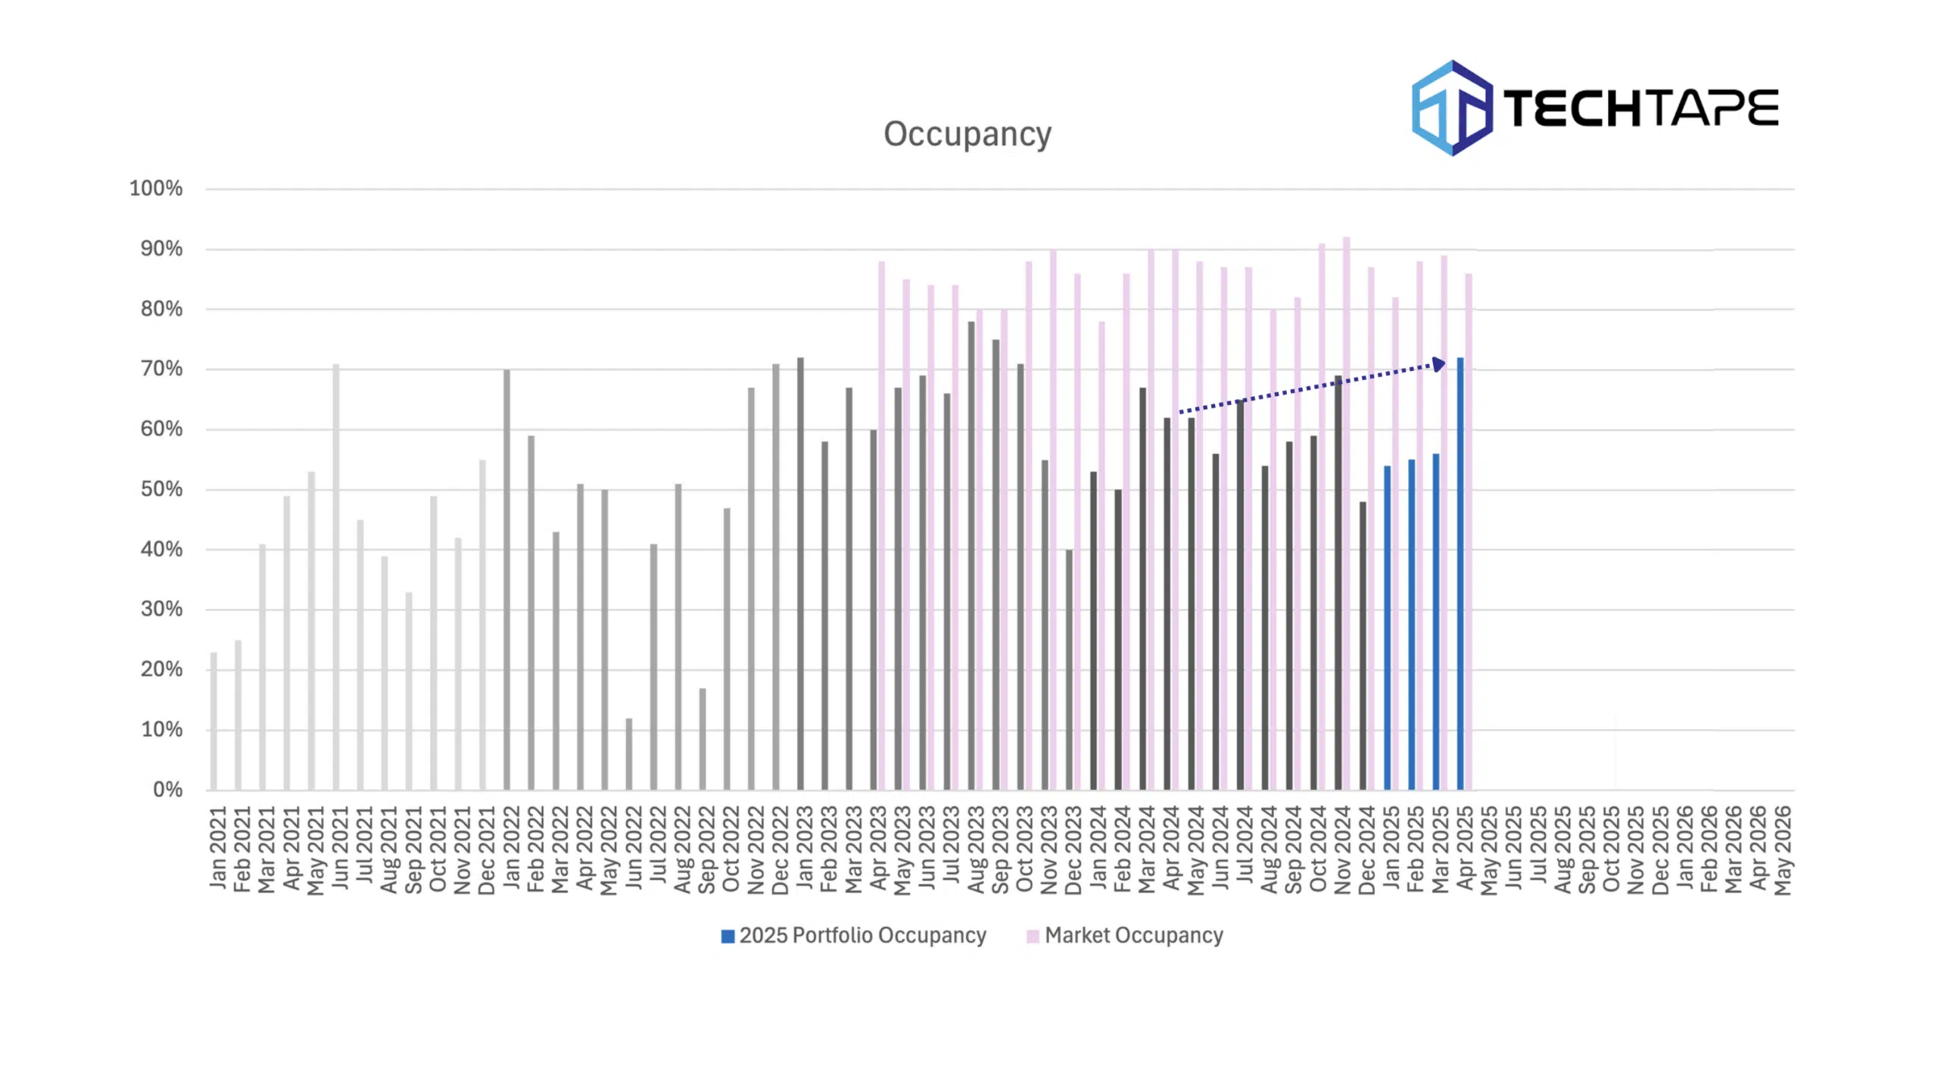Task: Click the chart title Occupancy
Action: [967, 134]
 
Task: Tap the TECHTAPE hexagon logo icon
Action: [1451, 108]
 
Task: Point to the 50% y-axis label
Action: [160, 489]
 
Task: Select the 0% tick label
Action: [167, 790]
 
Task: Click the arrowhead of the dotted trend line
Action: [1438, 365]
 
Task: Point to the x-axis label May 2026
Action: [1783, 850]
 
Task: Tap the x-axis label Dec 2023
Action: [1073, 850]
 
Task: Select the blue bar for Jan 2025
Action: [1387, 628]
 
